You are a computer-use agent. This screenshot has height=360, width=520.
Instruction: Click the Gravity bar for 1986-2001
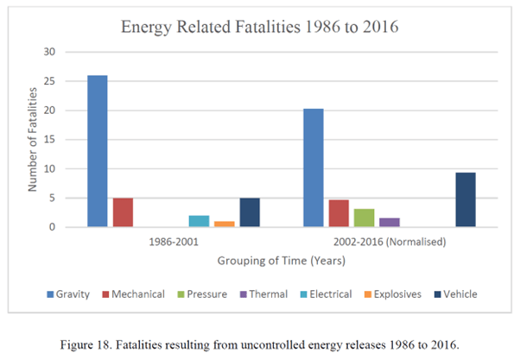click(x=98, y=151)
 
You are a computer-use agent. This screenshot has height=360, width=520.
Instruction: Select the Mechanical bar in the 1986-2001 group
click(x=123, y=212)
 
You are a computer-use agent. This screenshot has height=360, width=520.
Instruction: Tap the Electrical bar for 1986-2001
click(x=200, y=221)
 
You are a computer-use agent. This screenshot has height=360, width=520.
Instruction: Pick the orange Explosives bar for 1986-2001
click(x=225, y=224)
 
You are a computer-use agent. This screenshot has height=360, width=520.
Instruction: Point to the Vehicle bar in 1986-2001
click(x=250, y=212)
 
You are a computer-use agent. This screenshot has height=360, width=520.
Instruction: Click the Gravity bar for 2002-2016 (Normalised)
click(x=314, y=167)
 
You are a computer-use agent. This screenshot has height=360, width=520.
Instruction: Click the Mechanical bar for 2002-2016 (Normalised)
click(x=339, y=213)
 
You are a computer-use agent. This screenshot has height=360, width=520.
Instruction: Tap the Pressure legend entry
click(x=207, y=294)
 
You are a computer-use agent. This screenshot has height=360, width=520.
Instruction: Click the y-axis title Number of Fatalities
click(x=31, y=140)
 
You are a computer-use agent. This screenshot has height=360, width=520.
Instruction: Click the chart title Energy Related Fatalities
click(x=259, y=26)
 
